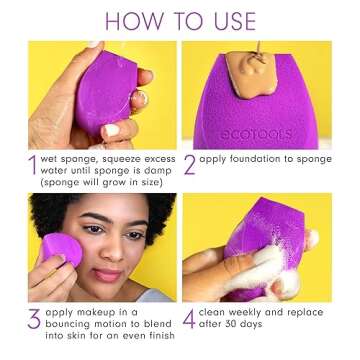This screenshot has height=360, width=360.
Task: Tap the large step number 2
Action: [x=190, y=164]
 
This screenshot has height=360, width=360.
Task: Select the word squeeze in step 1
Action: [x=113, y=158]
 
